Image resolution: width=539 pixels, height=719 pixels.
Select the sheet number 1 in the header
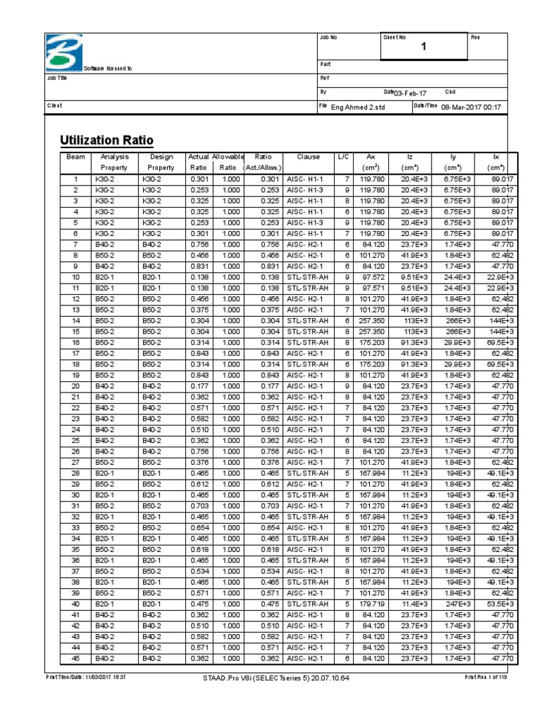point(423,47)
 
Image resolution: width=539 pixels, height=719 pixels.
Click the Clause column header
point(309,157)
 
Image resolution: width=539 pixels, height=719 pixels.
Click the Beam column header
point(75,157)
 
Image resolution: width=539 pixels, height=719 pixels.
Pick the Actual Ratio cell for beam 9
point(199,267)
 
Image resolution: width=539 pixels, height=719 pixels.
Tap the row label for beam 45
point(75,658)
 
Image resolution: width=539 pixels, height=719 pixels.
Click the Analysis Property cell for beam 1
point(109,180)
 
